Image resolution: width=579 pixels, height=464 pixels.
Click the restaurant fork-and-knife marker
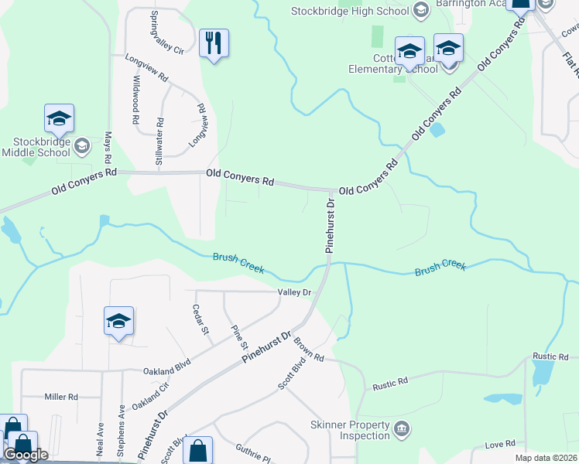click(214, 43)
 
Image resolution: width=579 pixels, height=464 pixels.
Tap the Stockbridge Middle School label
click(43, 147)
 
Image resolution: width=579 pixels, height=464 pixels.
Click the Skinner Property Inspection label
click(349, 431)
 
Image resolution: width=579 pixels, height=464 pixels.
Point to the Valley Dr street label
click(294, 292)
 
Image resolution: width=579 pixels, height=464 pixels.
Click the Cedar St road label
click(206, 319)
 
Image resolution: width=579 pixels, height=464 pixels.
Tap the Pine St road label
click(238, 336)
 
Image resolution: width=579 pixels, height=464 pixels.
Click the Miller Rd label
click(61, 397)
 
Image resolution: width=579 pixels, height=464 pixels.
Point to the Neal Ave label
click(101, 438)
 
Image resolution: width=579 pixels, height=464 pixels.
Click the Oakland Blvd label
click(166, 372)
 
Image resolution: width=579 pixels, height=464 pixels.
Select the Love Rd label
click(499, 444)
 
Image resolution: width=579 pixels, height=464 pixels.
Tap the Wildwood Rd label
click(135, 100)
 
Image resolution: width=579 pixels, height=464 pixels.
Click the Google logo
click(26, 454)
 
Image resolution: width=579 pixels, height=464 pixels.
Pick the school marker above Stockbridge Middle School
click(59, 119)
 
